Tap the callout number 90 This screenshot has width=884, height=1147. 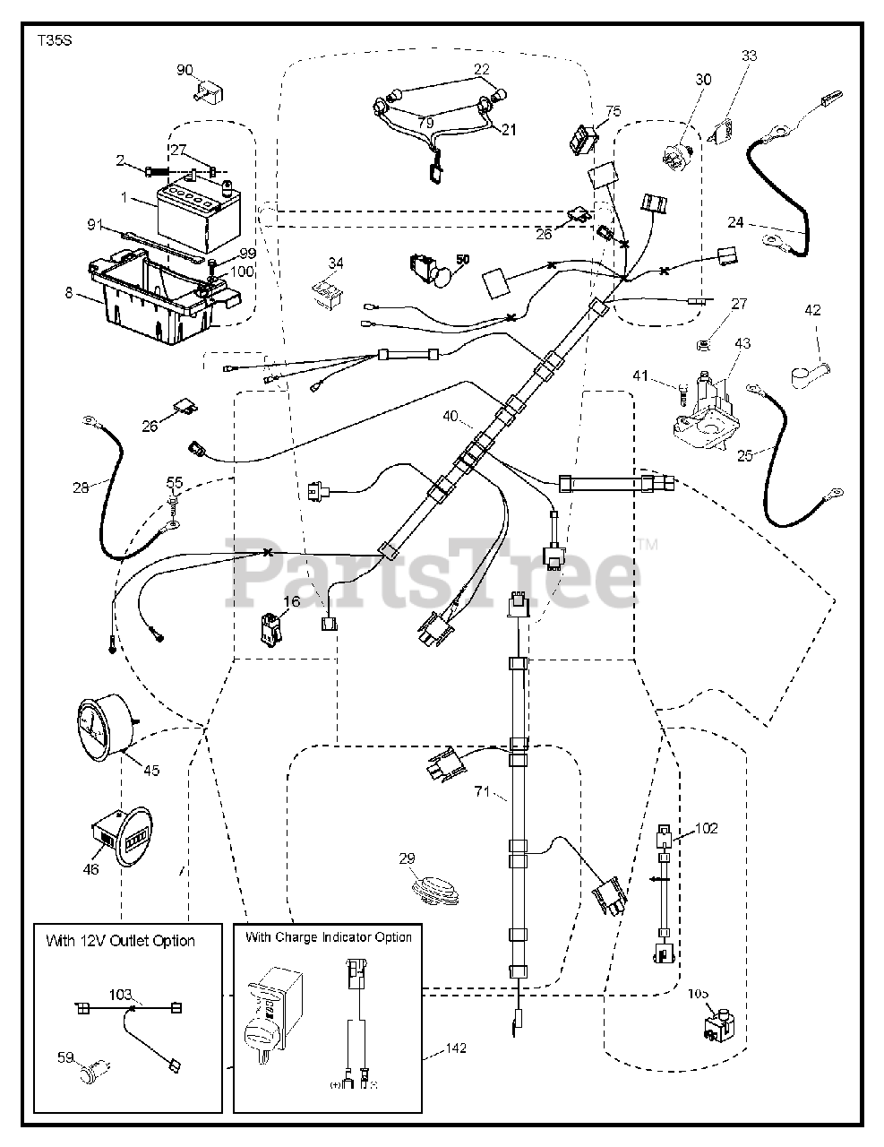tap(184, 71)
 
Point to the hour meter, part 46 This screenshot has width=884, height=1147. tap(122, 835)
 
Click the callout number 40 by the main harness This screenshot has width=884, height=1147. tap(450, 416)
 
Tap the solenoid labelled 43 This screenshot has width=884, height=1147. tap(705, 412)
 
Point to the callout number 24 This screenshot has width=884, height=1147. tap(734, 222)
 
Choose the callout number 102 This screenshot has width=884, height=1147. tap(707, 829)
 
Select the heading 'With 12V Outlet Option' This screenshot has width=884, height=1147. tap(121, 941)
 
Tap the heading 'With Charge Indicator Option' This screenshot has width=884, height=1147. tap(329, 937)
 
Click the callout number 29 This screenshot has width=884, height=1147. tap(408, 859)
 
